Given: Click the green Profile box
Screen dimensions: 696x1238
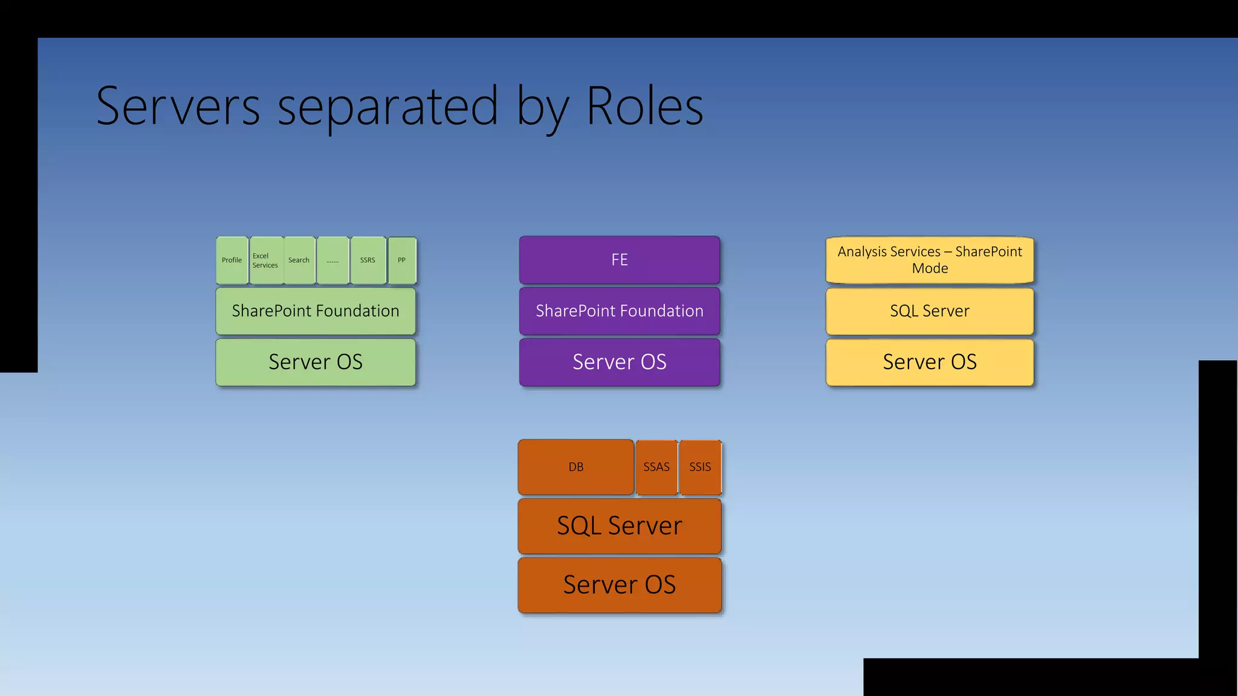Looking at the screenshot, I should pyautogui.click(x=232, y=260).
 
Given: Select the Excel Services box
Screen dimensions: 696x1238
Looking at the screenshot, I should pyautogui.click(x=266, y=260).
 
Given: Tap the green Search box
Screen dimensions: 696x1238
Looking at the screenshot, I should pyautogui.click(x=299, y=260).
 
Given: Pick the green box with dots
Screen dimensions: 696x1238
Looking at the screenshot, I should pyautogui.click(x=333, y=260).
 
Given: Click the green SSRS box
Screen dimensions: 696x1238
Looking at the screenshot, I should pyautogui.click(x=368, y=260).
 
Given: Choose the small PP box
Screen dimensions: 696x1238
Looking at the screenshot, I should pyautogui.click(x=402, y=260).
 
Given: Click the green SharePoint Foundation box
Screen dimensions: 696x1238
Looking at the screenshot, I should pyautogui.click(x=316, y=311).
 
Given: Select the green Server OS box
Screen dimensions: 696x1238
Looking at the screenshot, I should pyautogui.click(x=316, y=362).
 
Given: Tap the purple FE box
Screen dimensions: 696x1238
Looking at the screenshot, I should pyautogui.click(x=620, y=260).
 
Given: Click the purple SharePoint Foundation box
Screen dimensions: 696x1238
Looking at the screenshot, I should pyautogui.click(x=620, y=311).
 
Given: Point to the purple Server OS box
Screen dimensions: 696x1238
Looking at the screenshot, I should pyautogui.click(x=620, y=362).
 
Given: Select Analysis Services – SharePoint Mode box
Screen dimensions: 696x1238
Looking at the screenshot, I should pyautogui.click(x=930, y=260).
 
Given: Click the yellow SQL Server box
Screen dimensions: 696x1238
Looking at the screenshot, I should pyautogui.click(x=930, y=311).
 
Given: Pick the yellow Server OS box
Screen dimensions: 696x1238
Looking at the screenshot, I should pyautogui.click(x=930, y=362).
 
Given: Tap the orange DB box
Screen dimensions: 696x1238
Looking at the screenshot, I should pyautogui.click(x=576, y=467).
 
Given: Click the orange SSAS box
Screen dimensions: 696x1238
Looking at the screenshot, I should pyautogui.click(x=656, y=467).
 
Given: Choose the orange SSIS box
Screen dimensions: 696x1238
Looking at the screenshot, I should pyautogui.click(x=700, y=467).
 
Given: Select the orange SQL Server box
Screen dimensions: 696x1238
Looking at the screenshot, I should pyautogui.click(x=620, y=526).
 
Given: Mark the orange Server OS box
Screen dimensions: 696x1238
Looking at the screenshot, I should pyautogui.click(x=620, y=585).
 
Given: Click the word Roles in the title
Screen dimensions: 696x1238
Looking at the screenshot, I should pyautogui.click(x=644, y=107).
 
